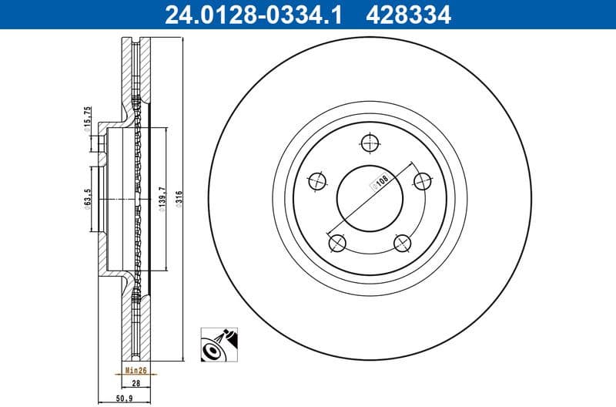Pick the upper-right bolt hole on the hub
coord(422,181)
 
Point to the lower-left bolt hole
coord(336,244)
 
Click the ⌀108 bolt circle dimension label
coord(379,183)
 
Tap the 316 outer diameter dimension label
coord(178,199)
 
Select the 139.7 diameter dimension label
coord(161,199)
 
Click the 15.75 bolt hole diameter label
coord(89,118)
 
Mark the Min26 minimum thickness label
coord(136,370)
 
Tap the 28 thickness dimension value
coord(136,382)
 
